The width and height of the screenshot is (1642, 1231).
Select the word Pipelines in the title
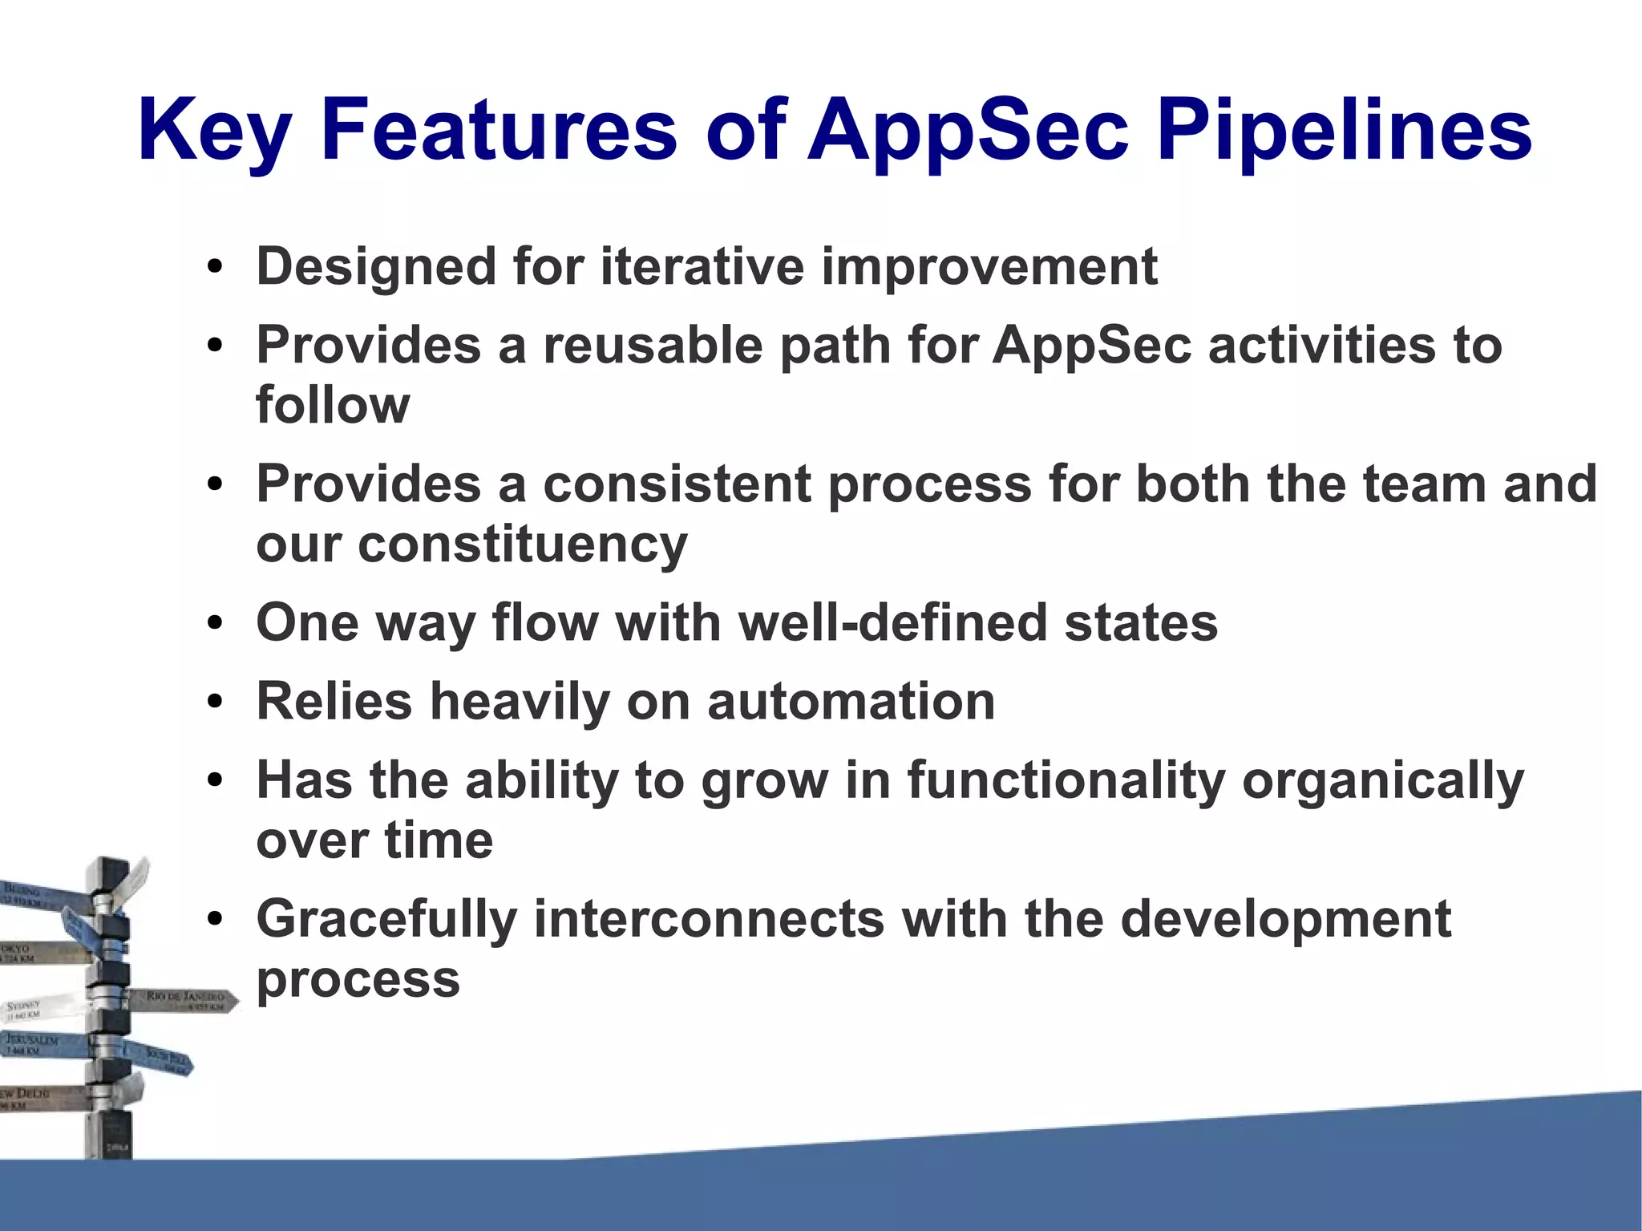click(x=1344, y=130)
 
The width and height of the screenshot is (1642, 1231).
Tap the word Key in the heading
click(x=213, y=130)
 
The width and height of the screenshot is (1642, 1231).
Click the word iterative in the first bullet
click(x=702, y=266)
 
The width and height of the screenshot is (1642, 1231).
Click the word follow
click(x=333, y=405)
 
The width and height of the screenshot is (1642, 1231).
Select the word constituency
click(x=522, y=545)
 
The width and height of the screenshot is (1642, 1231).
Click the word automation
click(x=851, y=702)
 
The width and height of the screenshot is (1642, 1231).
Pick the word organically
click(x=1382, y=780)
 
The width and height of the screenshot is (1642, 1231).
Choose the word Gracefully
click(x=386, y=919)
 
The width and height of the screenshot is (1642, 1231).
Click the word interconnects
click(x=709, y=919)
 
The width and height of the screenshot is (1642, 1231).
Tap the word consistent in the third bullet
click(x=677, y=484)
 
